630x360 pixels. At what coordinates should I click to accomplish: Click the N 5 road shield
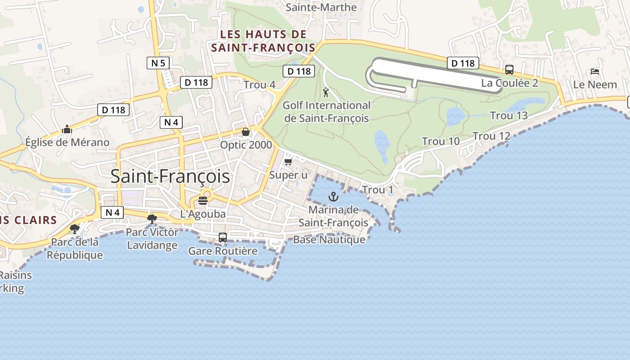point(158,63)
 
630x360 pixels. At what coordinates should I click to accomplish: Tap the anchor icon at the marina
point(333,197)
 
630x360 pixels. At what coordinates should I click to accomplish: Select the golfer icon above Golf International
point(326,93)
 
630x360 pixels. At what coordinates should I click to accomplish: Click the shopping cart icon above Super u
point(288,162)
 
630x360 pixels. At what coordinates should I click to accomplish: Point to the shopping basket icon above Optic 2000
point(246,131)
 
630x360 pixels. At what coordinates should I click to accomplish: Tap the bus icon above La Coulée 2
point(509,70)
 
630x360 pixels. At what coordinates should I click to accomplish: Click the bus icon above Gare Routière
point(222,237)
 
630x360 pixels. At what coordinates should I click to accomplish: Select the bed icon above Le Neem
point(594,72)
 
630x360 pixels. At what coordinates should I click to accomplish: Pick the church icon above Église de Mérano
point(67,129)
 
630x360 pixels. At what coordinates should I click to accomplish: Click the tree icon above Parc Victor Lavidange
point(152,219)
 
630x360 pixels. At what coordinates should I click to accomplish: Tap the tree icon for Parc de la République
point(75,229)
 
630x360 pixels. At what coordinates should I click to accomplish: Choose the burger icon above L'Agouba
point(203,200)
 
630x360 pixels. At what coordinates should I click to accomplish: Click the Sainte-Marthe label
point(321,8)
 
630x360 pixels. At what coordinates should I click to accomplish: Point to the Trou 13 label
point(508,116)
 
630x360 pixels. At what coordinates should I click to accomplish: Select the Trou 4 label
point(259,85)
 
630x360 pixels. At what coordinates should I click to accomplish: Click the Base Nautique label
point(329,239)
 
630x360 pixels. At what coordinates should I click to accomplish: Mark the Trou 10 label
point(441,141)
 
